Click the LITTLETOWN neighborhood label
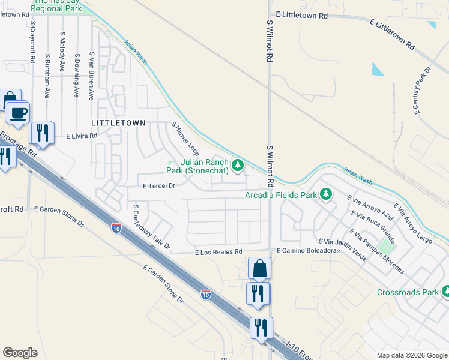[118, 122]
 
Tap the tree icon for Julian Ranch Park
[238, 164]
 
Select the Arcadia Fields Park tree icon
[326, 194]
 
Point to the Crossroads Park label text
[408, 293]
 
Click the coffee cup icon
[18, 112]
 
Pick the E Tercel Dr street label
[158, 186]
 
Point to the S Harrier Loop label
[185, 139]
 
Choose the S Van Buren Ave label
[91, 76]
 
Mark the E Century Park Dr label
[422, 90]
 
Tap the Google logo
[20, 353]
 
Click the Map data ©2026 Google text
[412, 355]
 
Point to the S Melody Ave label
[62, 52]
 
